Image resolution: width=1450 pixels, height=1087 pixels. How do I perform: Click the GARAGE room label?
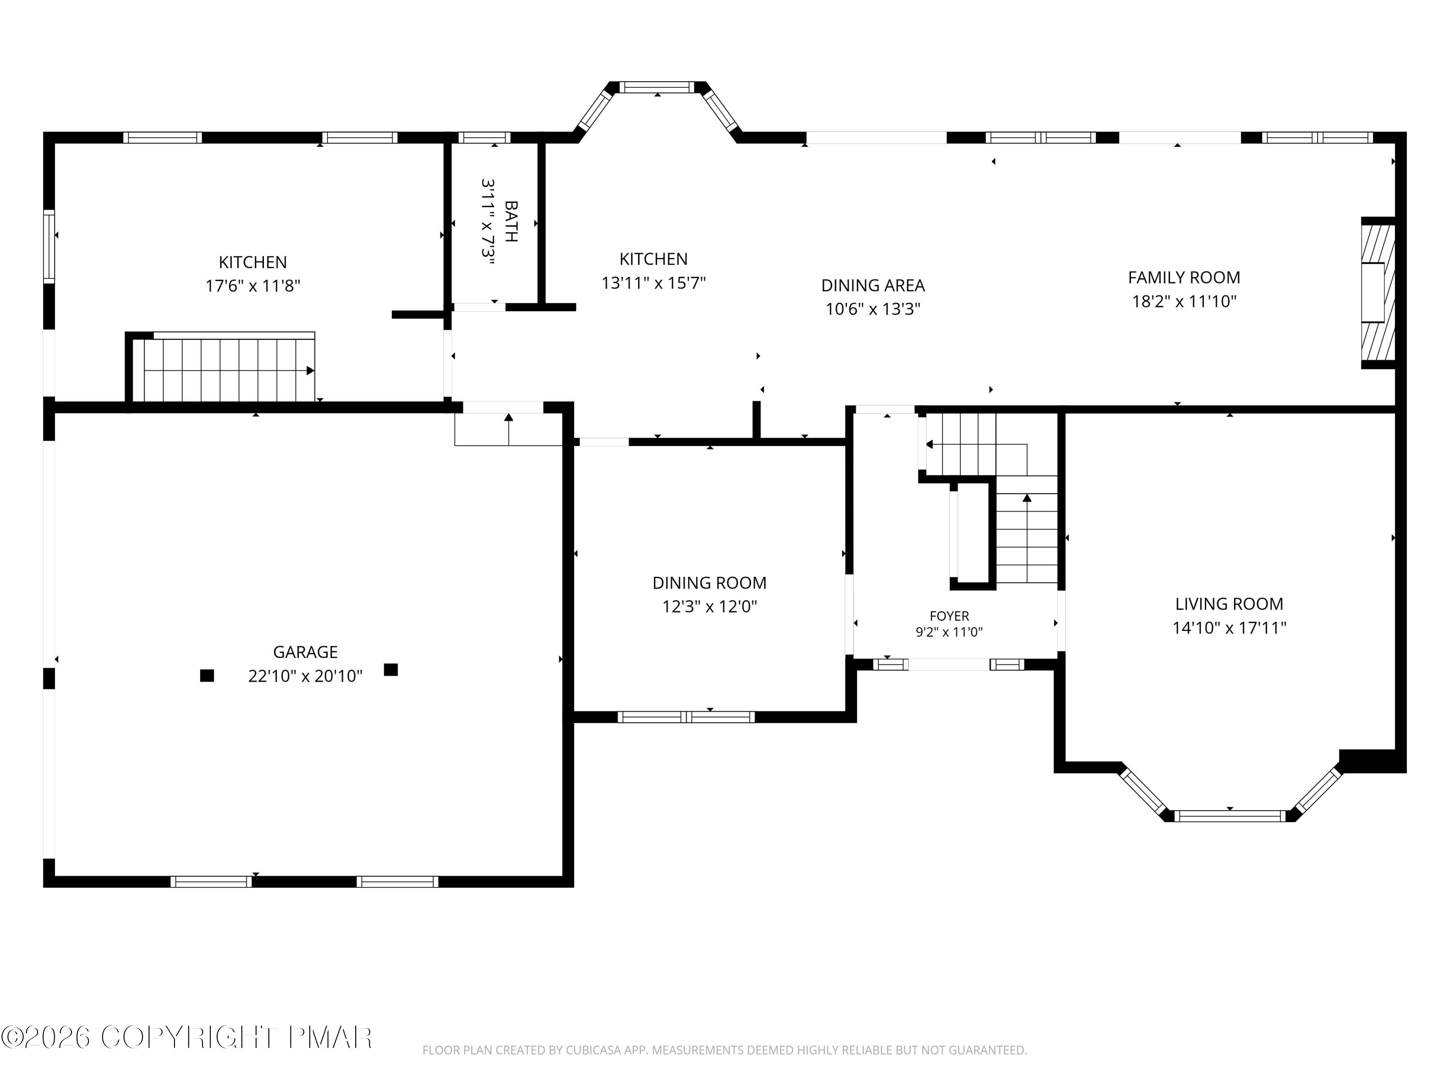(x=305, y=652)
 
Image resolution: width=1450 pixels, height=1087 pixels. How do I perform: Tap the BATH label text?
(x=511, y=221)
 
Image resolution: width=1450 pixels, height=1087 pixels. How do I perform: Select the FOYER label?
(x=949, y=616)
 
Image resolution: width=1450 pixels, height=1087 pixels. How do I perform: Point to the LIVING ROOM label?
(x=1229, y=603)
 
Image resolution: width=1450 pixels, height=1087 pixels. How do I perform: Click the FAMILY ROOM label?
(x=1184, y=278)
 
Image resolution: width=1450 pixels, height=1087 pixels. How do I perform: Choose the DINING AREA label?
(x=873, y=286)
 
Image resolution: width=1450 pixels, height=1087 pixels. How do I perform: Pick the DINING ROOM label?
(x=709, y=583)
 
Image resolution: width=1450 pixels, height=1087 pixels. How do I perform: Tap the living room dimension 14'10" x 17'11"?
(x=1229, y=628)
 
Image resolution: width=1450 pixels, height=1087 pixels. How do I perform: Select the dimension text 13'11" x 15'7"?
(x=653, y=283)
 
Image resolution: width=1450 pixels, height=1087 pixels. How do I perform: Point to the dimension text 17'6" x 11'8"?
(x=253, y=286)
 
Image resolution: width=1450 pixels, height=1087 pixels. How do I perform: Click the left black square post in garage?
(x=207, y=675)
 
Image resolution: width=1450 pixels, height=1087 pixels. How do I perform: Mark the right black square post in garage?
(x=391, y=670)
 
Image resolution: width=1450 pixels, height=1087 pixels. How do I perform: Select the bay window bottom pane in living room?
(x=1230, y=816)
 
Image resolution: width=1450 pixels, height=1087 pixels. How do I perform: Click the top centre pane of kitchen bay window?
(x=656, y=87)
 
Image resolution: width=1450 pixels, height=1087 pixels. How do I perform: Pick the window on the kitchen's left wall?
(x=49, y=246)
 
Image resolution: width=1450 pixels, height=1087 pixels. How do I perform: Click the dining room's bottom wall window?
(x=686, y=717)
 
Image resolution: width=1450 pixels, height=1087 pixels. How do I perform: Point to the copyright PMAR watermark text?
(x=187, y=1037)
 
